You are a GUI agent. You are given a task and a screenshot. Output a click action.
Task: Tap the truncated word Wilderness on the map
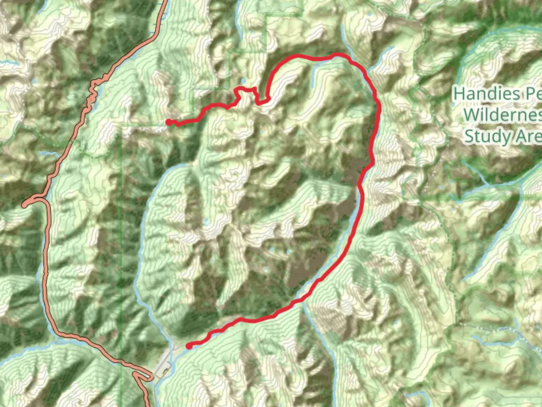pos(502,114)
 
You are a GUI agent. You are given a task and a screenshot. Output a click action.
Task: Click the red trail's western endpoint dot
pos(169,122)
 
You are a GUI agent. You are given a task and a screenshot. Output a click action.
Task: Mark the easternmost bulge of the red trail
pos(379,109)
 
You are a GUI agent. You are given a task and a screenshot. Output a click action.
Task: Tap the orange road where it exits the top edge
pos(164,2)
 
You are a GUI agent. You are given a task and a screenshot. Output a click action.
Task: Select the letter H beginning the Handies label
pos(458,93)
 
